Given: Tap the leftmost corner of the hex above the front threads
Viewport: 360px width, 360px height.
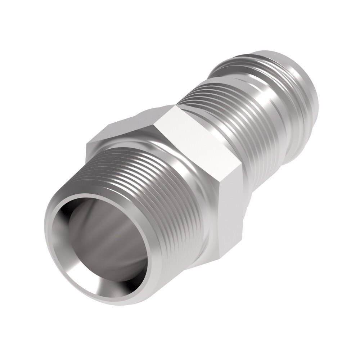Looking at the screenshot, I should (86, 144).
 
